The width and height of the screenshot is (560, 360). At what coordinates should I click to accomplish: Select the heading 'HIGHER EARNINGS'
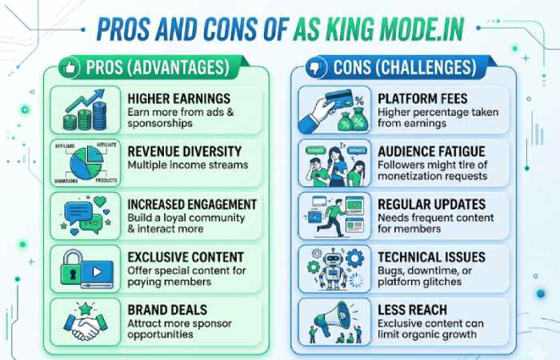coord(178,98)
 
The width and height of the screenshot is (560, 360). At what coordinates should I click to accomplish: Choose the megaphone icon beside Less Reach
coord(328,318)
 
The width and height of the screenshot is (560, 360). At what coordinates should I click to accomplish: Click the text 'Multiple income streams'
coord(187,164)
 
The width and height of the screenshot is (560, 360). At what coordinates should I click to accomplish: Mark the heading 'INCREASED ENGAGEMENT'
coord(192,204)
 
